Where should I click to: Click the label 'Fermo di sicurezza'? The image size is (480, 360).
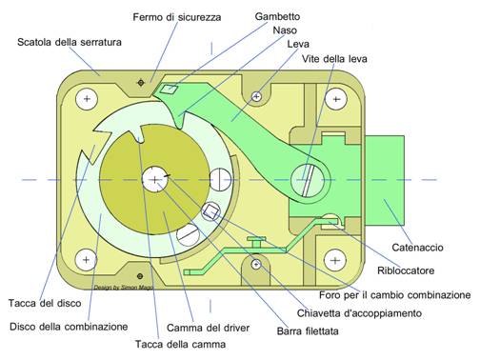pos(177,17)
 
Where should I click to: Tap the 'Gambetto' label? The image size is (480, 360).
pos(277,16)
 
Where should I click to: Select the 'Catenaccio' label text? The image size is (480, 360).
pos(417,248)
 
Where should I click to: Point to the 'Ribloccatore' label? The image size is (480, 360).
pos(406,270)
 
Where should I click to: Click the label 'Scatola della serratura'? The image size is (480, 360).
pos(70,42)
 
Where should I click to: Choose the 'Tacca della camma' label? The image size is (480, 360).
pos(181,344)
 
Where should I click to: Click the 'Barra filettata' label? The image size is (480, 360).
pos(308,331)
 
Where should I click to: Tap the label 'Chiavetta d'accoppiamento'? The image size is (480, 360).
pos(359,313)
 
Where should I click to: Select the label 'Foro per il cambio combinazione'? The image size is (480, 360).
pos(395,295)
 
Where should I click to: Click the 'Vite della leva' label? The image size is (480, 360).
pos(334,59)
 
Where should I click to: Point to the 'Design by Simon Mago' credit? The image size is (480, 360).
pos(124,288)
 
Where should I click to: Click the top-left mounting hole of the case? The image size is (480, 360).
pos(87,99)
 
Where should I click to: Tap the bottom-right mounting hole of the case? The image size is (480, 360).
pos(335,261)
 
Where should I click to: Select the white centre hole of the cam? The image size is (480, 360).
pos(154,180)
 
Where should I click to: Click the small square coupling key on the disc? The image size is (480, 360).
pos(211,211)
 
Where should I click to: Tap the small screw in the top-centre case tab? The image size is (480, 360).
pos(257,96)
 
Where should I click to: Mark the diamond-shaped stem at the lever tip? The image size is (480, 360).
pos(169,90)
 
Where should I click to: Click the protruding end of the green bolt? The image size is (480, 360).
pos(385,180)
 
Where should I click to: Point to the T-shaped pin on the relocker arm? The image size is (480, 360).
pos(257,241)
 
